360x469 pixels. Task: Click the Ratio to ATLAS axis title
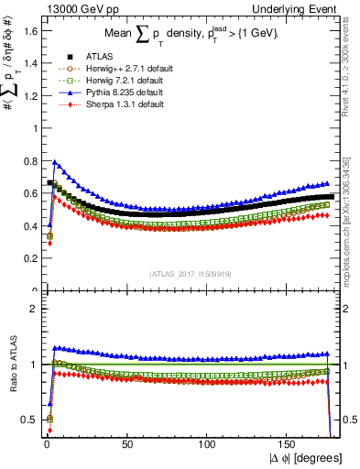click(x=12, y=376)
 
